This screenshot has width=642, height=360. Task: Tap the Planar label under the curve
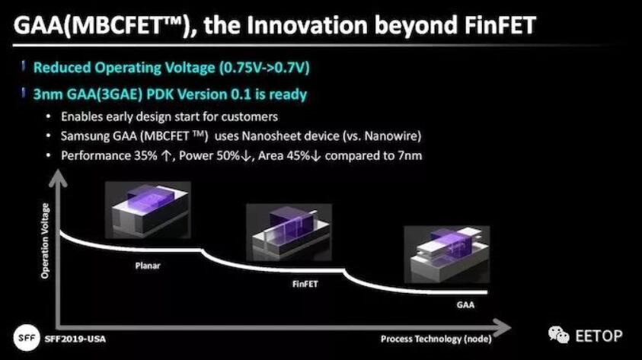[x=148, y=266]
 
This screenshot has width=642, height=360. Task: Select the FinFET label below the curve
[x=305, y=284]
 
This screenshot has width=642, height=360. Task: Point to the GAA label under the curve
[x=465, y=304]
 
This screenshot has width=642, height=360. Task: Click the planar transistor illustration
[x=148, y=210]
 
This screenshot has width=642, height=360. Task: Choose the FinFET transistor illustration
[x=289, y=232]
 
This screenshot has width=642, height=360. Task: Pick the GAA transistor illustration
[x=447, y=254]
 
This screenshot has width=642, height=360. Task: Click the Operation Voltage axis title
[x=45, y=241]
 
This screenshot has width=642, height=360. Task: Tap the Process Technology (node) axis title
[x=436, y=339]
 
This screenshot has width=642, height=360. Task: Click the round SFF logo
[x=27, y=338]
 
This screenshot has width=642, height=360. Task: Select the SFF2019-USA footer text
[x=75, y=339]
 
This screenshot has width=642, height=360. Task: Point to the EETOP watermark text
[x=599, y=336]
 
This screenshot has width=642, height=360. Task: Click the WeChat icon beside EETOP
[x=558, y=335]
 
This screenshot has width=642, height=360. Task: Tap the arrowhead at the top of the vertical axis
[x=58, y=178]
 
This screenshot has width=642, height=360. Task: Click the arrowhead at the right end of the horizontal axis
[x=502, y=327]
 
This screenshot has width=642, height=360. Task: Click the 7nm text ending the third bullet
[x=410, y=156]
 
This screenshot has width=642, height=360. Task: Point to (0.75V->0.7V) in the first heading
[x=264, y=68]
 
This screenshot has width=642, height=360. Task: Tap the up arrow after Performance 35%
[x=166, y=156]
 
